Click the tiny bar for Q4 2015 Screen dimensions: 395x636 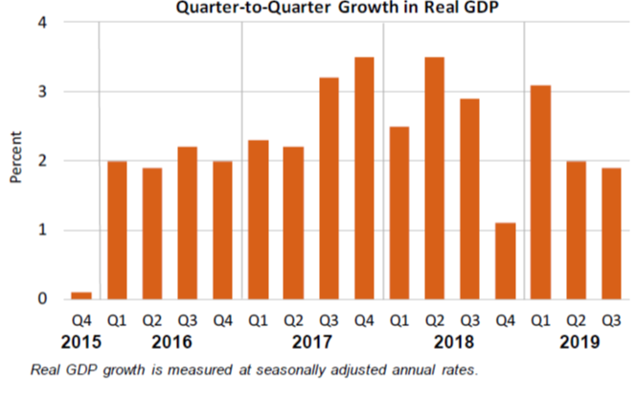[x=81, y=295]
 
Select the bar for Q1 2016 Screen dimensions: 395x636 [x=117, y=230]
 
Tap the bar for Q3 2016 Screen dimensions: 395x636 [x=188, y=223]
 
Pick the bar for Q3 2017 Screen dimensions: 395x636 [x=328, y=189]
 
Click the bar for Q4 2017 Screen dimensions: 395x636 [x=363, y=178]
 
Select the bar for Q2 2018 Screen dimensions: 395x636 [x=434, y=178]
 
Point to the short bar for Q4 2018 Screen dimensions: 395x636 [x=505, y=261]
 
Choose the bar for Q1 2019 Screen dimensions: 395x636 [x=539, y=193]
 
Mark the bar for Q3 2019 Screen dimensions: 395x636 [x=610, y=234]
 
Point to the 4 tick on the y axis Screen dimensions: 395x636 [x=42, y=23]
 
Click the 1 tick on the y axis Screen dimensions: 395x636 [x=42, y=230]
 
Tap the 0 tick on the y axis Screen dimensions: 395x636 [x=42, y=299]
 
